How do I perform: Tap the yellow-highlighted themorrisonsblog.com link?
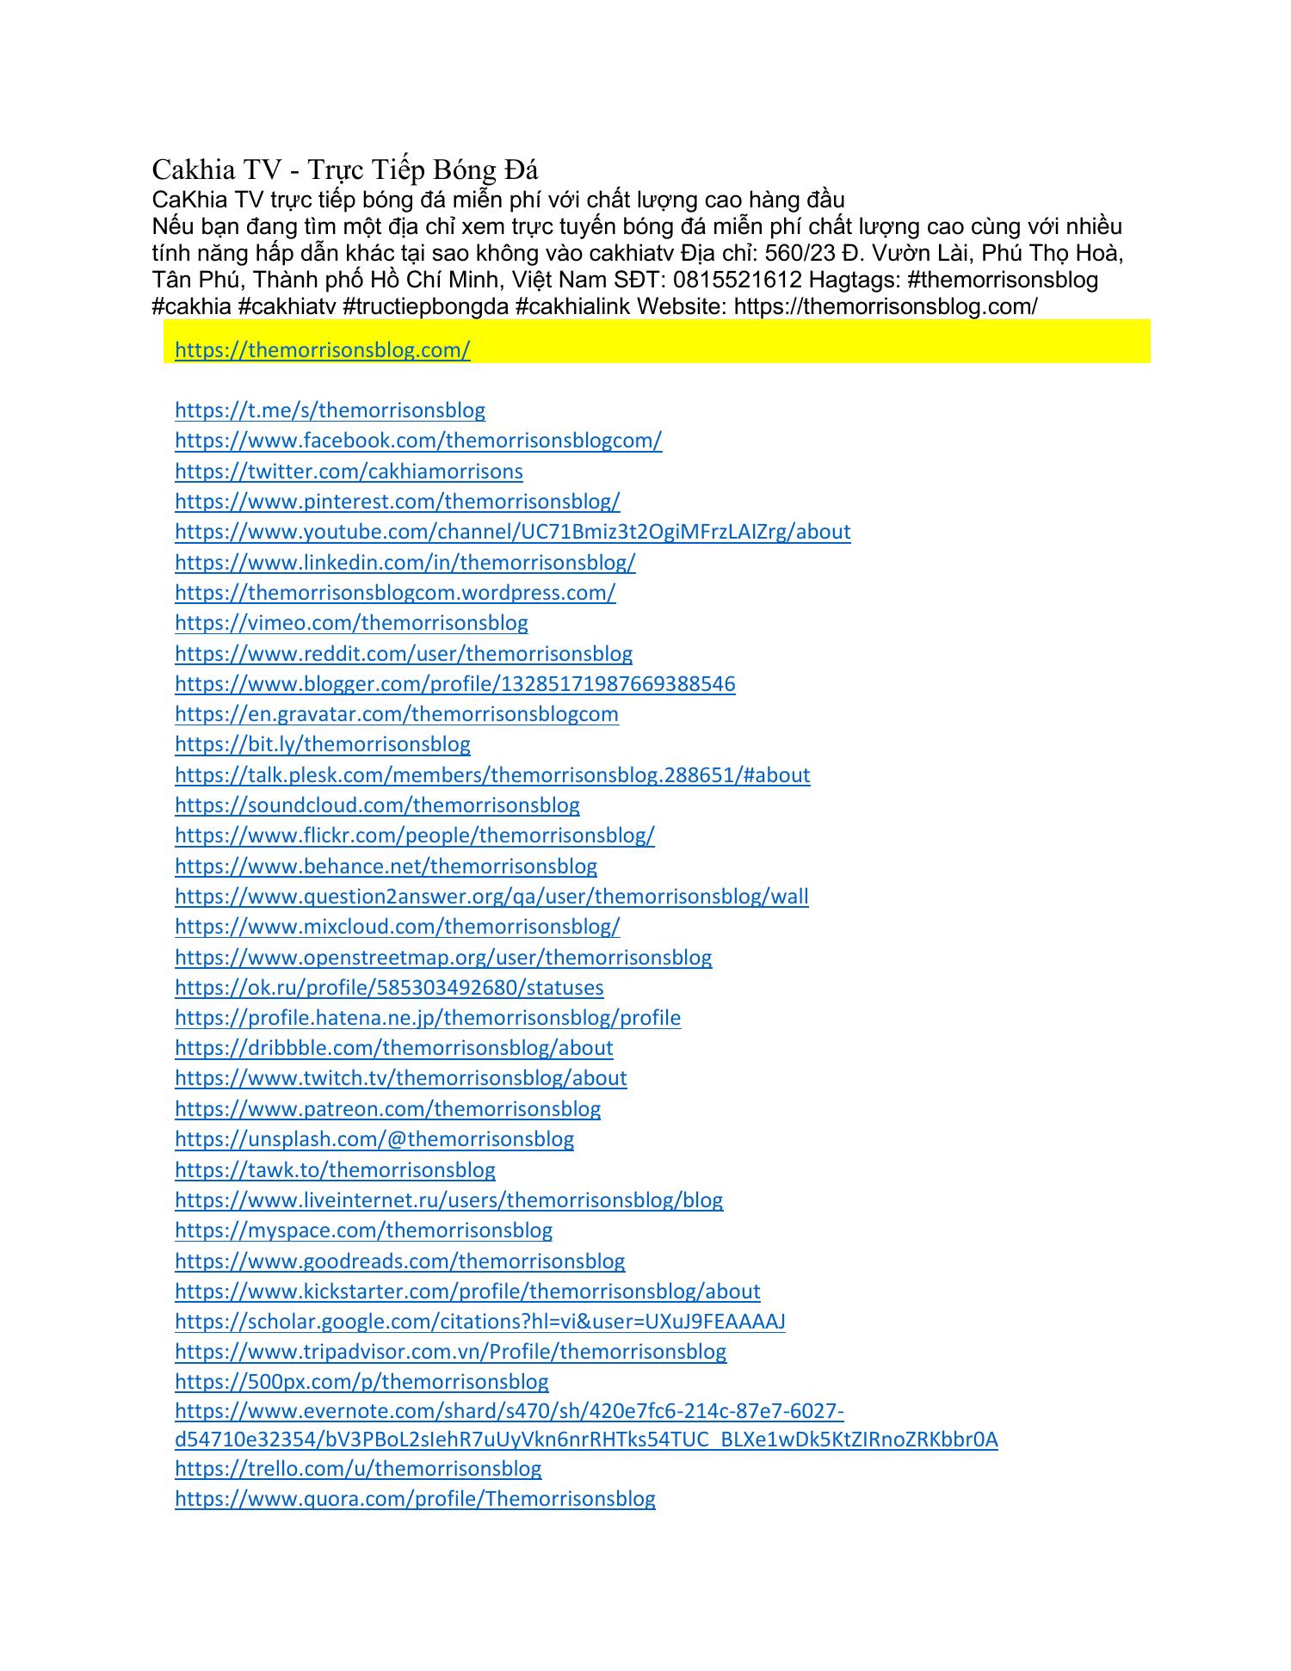pyautogui.click(x=322, y=350)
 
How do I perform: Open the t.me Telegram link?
pyautogui.click(x=330, y=410)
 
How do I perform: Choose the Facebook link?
pyautogui.click(x=418, y=441)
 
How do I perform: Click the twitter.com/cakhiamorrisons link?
pyautogui.click(x=349, y=472)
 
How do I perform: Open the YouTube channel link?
pyautogui.click(x=512, y=532)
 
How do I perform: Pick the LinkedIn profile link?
pyautogui.click(x=405, y=563)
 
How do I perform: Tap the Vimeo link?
pyautogui.click(x=351, y=623)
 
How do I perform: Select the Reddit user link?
pyautogui.click(x=403, y=654)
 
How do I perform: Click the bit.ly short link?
pyautogui.click(x=322, y=744)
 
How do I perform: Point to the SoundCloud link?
pyautogui.click(x=377, y=805)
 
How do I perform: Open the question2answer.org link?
pyautogui.click(x=491, y=897)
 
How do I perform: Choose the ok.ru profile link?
pyautogui.click(x=389, y=988)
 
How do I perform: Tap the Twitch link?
pyautogui.click(x=400, y=1078)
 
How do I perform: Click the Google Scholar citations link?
pyautogui.click(x=479, y=1322)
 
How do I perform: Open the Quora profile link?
pyautogui.click(x=415, y=1499)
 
